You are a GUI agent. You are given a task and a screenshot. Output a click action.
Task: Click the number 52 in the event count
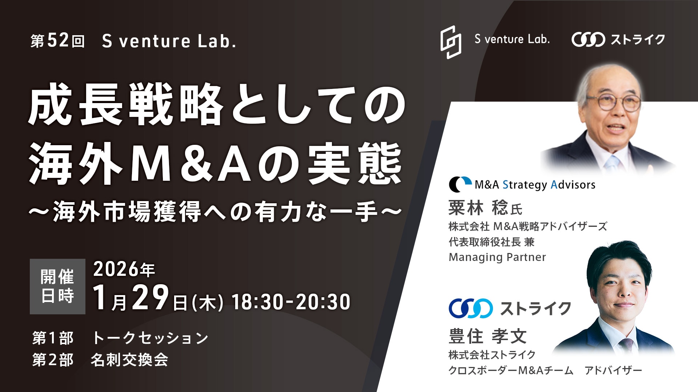pos(58,41)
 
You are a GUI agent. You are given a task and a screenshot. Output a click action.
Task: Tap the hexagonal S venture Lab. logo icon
pos(451,42)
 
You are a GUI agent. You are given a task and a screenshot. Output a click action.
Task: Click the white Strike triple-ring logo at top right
pos(588,40)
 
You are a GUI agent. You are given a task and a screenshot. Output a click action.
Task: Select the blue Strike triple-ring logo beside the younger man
pos(471,309)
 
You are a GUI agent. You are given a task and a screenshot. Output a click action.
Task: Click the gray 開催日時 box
pos(57,286)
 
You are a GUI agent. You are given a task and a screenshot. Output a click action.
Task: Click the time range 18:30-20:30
pos(291,302)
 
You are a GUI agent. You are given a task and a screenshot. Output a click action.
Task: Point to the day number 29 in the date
pos(150,298)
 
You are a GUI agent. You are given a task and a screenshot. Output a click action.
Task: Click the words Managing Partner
pos(497,257)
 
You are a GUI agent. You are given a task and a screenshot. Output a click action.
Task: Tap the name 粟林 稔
pos(478,208)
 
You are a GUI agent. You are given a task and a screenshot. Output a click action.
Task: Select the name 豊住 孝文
pos(488,336)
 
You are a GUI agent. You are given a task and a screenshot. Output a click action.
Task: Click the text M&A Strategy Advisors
pos(535,185)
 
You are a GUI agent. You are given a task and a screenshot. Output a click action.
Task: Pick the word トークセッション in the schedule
pos(150,338)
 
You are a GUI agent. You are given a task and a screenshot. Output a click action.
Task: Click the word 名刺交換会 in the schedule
pos(129,360)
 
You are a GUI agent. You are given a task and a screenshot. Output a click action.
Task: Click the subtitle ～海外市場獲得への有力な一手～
pos(215,213)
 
